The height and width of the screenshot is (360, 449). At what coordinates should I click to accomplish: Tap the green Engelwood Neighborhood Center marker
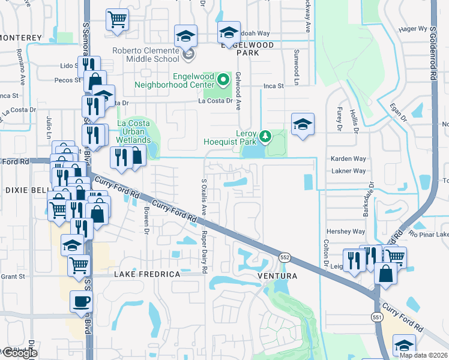pos(223,79)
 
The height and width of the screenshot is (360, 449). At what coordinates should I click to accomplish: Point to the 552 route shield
pos(285,257)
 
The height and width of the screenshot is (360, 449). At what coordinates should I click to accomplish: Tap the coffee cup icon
pos(81,301)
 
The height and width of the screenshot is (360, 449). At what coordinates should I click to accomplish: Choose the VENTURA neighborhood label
pos(277,275)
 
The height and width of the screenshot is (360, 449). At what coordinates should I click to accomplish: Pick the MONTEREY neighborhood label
pos(21,38)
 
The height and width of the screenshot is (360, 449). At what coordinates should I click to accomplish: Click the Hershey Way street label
pos(345,231)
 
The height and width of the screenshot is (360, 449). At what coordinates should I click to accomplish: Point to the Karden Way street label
pos(348,159)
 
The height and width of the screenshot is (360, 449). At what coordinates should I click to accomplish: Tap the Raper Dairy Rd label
pos(204,252)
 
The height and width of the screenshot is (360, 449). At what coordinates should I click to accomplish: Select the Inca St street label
pos(273,86)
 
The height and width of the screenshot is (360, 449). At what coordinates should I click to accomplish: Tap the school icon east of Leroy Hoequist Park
pos(303,124)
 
